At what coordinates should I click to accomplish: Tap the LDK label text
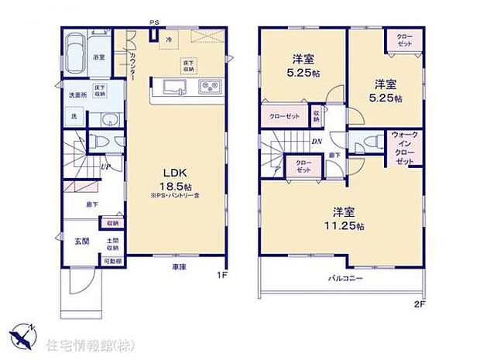(172, 173)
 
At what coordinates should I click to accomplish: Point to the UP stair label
(104, 165)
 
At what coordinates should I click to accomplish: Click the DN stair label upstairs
(317, 142)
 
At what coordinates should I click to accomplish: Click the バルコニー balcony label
(342, 276)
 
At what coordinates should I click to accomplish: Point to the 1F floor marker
(220, 273)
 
